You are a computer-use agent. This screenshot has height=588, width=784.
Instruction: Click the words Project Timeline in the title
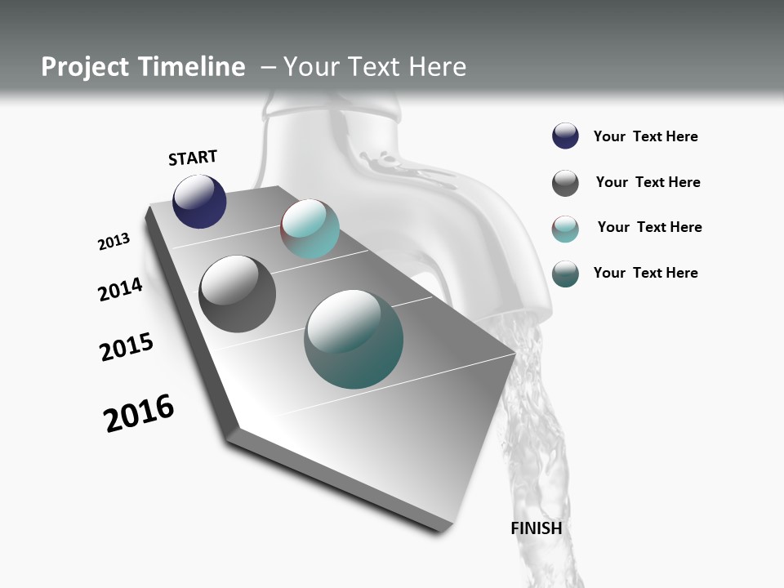coord(143,67)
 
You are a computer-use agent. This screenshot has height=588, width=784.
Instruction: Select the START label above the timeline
coord(193,158)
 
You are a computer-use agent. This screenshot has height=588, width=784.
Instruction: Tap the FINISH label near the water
coord(536,528)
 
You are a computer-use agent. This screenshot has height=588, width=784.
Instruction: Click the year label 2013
coord(114,242)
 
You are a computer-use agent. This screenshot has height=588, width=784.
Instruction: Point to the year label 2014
coord(120,290)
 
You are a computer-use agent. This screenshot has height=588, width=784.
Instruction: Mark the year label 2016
coord(139,413)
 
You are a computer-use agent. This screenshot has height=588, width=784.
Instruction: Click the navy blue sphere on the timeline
coord(199,202)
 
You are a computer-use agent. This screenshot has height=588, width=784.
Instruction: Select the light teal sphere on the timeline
coord(310,229)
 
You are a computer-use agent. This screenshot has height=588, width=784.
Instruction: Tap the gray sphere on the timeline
coord(237,294)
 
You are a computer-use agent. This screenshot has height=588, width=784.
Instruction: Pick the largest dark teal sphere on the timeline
coord(354,339)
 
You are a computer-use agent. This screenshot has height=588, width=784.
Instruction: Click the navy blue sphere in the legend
coord(565,136)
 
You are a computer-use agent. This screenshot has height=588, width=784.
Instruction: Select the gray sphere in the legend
coord(565,183)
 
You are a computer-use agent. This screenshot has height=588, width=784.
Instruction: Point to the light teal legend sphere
coord(565,229)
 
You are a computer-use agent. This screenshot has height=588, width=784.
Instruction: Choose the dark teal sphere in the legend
coord(565,274)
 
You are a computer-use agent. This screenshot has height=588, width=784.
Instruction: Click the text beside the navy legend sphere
coord(645,137)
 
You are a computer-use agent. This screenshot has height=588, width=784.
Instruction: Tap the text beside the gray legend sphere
coord(648,182)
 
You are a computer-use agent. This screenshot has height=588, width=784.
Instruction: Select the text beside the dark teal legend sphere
coord(645,273)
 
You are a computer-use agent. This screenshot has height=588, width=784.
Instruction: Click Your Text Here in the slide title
coord(375,67)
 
